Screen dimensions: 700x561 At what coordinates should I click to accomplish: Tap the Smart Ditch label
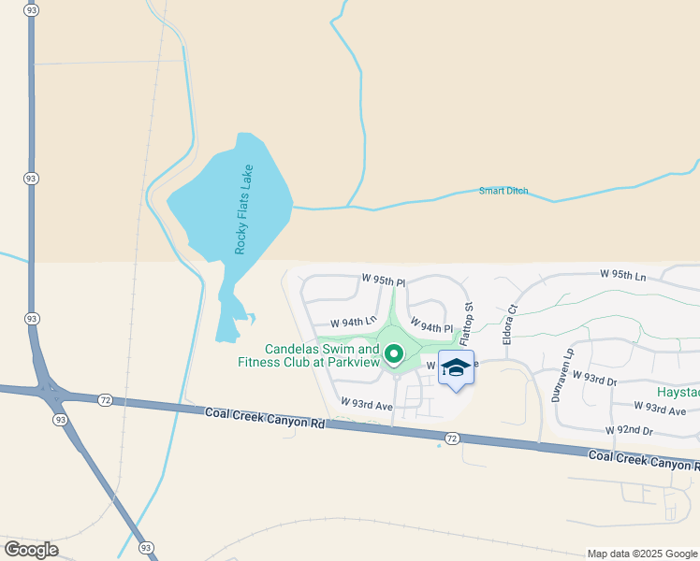(503, 191)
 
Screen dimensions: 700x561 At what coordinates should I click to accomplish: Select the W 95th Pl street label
(385, 280)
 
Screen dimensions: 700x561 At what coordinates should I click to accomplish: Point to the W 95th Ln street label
(623, 276)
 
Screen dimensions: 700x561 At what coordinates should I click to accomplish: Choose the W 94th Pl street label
(431, 328)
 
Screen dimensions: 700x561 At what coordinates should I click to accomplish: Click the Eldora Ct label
(511, 324)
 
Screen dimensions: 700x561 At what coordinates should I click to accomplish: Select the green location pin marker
(394, 353)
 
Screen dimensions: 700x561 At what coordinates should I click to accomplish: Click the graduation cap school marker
(456, 368)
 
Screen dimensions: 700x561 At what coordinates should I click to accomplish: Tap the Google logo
(31, 549)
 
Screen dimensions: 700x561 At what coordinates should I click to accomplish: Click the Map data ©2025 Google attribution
(641, 554)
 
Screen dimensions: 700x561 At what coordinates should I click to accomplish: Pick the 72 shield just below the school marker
(453, 438)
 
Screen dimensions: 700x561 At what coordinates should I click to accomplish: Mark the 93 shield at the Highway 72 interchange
(61, 420)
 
